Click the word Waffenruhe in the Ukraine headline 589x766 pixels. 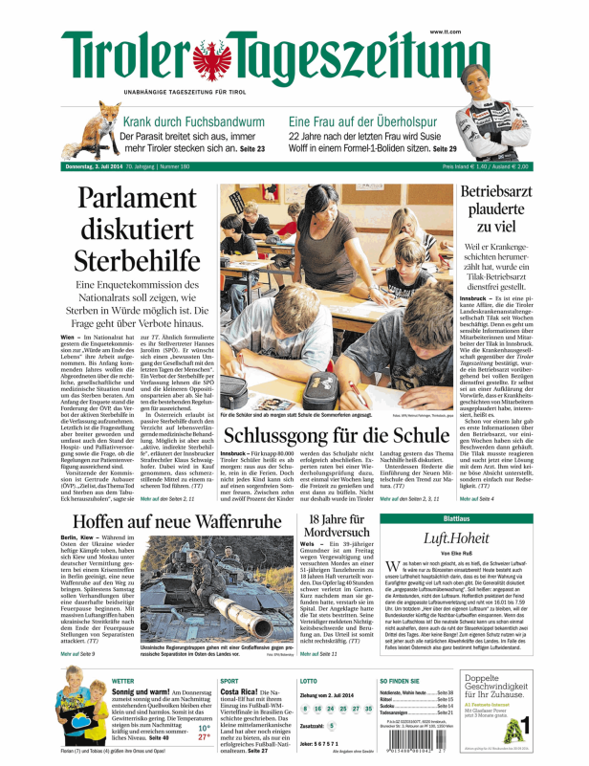tap(217, 523)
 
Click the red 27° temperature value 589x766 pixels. tap(204, 737)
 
